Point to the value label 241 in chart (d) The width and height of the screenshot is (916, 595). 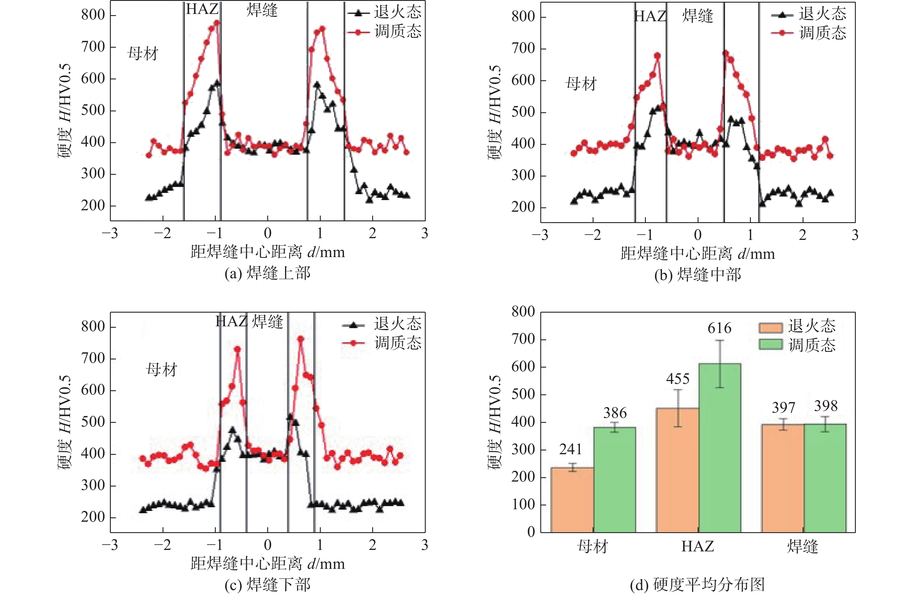coord(570,449)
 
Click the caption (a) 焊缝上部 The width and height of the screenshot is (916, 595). coord(268,273)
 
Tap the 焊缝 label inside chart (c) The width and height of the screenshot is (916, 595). coord(268,321)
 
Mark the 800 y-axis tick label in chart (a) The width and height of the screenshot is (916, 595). coord(93,15)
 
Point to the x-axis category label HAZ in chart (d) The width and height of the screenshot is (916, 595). coord(697,546)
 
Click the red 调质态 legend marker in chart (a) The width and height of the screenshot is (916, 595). coord(358,32)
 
